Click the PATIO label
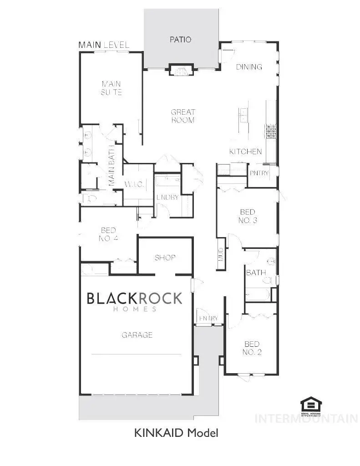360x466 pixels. [x=181, y=40]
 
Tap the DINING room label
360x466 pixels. [x=249, y=67]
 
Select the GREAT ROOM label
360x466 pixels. [x=183, y=116]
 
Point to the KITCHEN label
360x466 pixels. [x=245, y=152]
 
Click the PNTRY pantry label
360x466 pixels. [x=259, y=173]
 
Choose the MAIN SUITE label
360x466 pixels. [x=112, y=88]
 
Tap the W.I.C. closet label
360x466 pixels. [x=134, y=184]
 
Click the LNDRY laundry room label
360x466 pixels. [x=167, y=198]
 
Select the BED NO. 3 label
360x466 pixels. [x=248, y=216]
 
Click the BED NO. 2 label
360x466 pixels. [x=252, y=348]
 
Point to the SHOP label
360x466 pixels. [x=165, y=258]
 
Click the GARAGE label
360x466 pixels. [x=137, y=335]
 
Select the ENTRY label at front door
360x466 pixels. [x=208, y=318]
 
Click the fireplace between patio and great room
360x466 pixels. [x=181, y=71]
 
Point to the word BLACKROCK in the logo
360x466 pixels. [x=134, y=298]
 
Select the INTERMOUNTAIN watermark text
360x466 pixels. [x=306, y=418]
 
